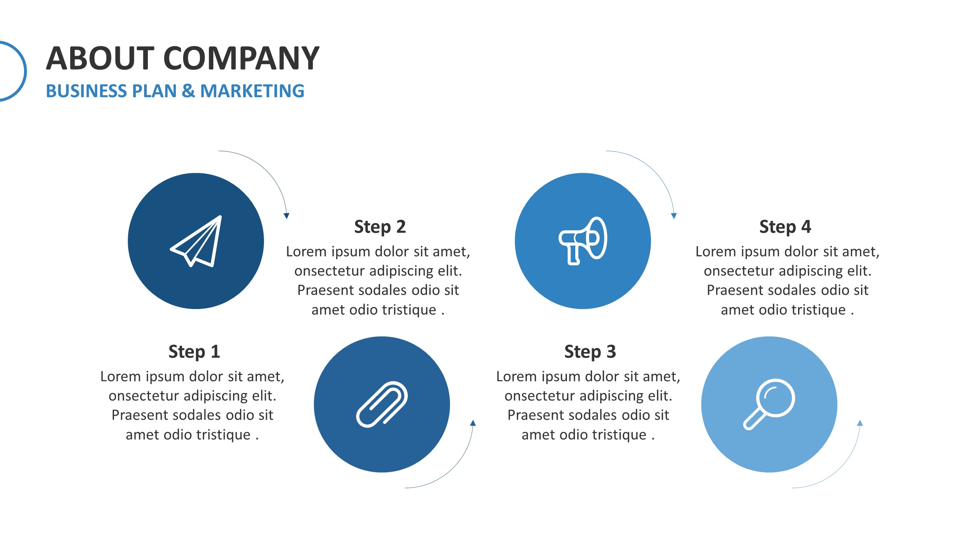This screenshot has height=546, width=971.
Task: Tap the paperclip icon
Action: coord(382,404)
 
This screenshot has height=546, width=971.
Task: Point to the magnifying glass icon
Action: coord(769,404)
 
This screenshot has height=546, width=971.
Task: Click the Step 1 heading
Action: coord(194,352)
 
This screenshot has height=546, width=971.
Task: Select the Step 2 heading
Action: coord(380,227)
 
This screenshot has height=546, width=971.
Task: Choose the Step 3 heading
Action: coord(590,352)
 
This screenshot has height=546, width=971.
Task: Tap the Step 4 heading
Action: coord(785,227)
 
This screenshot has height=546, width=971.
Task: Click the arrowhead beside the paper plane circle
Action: coord(287,216)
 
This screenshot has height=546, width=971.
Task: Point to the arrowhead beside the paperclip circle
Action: coord(473,423)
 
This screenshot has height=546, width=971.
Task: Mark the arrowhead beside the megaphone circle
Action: coord(674,216)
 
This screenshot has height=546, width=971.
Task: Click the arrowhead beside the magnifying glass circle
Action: coord(860,423)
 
